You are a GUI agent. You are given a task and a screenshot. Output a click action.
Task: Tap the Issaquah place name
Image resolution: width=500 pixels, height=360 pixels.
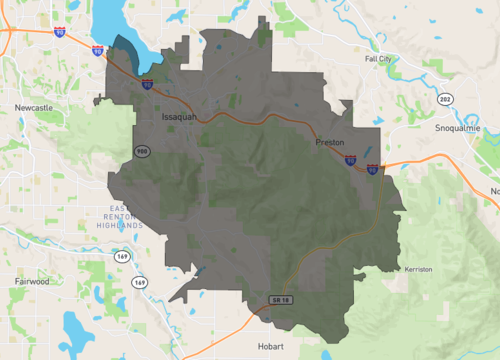click(181, 117)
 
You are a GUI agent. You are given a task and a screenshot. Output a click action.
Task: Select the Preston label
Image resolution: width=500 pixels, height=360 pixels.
click(329, 142)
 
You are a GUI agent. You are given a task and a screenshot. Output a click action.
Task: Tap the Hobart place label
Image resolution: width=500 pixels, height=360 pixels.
click(271, 345)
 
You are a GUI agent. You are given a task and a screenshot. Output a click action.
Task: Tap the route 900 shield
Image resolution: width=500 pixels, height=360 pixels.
click(143, 150)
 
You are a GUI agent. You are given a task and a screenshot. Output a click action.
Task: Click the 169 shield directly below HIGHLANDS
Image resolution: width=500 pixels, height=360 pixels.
click(122, 257)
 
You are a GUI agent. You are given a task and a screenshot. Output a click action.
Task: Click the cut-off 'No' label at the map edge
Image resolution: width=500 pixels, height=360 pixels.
click(493, 190)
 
